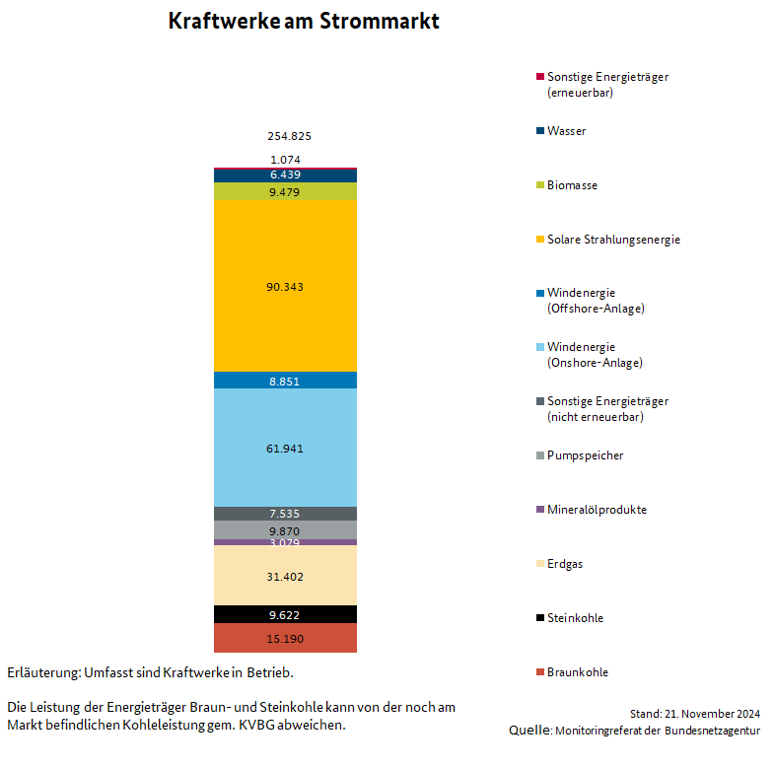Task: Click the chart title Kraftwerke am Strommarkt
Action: [304, 22]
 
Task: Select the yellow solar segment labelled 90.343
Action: [285, 286]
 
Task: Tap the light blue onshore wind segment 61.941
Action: [285, 448]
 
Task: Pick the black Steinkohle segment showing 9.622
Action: [285, 614]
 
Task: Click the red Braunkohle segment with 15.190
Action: [285, 638]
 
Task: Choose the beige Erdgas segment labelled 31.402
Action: [285, 576]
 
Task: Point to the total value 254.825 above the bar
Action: [289, 136]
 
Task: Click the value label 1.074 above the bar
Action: [285, 160]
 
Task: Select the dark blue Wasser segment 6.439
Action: [285, 175]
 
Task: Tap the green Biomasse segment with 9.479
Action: [285, 191]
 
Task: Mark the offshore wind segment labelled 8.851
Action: [285, 381]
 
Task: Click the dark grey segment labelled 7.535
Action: [285, 514]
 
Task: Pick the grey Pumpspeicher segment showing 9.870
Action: [285, 530]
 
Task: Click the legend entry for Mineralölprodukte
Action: [592, 510]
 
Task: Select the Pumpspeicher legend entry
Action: [580, 455]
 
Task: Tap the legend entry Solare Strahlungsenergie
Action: [608, 240]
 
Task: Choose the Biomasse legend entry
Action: [567, 185]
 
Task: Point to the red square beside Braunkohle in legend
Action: [540, 671]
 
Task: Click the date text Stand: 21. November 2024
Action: [694, 714]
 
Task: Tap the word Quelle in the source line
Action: [530, 730]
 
